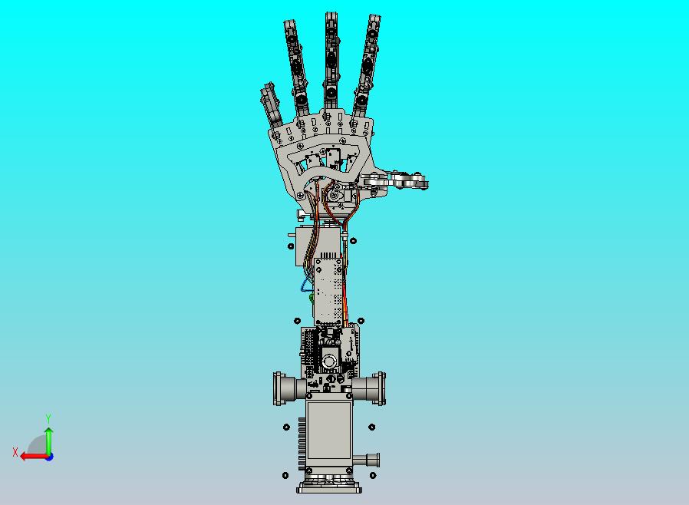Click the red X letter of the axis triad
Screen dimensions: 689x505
coord(15,452)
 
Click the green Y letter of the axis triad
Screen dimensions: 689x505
coord(48,418)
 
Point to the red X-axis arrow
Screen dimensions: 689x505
coord(34,457)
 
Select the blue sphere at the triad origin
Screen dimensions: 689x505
coord(50,457)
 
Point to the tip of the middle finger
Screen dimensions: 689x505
coord(331,14)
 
